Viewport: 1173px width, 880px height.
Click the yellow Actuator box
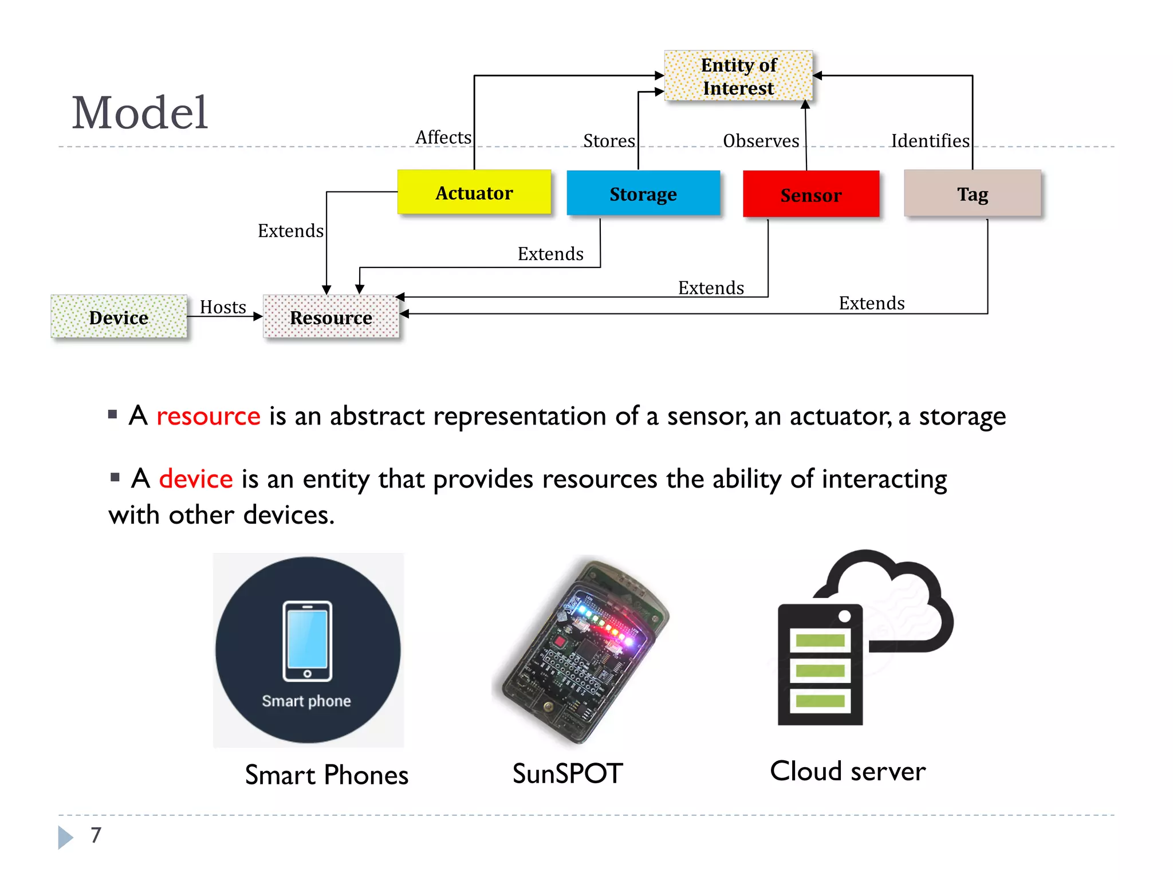474,192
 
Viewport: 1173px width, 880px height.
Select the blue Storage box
643,194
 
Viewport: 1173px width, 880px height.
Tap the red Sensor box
810,194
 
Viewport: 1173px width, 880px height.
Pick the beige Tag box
972,194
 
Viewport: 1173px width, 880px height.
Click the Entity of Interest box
738,76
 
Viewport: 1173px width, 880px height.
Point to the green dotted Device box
119,317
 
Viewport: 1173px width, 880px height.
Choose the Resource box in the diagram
331,317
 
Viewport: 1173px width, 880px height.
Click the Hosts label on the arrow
223,307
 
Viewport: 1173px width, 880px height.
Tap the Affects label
443,137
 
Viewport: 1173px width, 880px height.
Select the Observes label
761,141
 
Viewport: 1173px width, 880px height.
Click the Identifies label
930,141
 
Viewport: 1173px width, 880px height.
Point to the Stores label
609,141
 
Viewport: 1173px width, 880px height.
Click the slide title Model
140,113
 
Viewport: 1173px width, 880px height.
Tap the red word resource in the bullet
208,416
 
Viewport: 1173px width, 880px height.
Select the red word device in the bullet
196,479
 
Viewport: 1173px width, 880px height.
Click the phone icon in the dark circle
308,641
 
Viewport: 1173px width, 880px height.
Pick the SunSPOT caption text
567,773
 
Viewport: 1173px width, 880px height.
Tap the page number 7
96,835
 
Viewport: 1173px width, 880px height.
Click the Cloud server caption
848,771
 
